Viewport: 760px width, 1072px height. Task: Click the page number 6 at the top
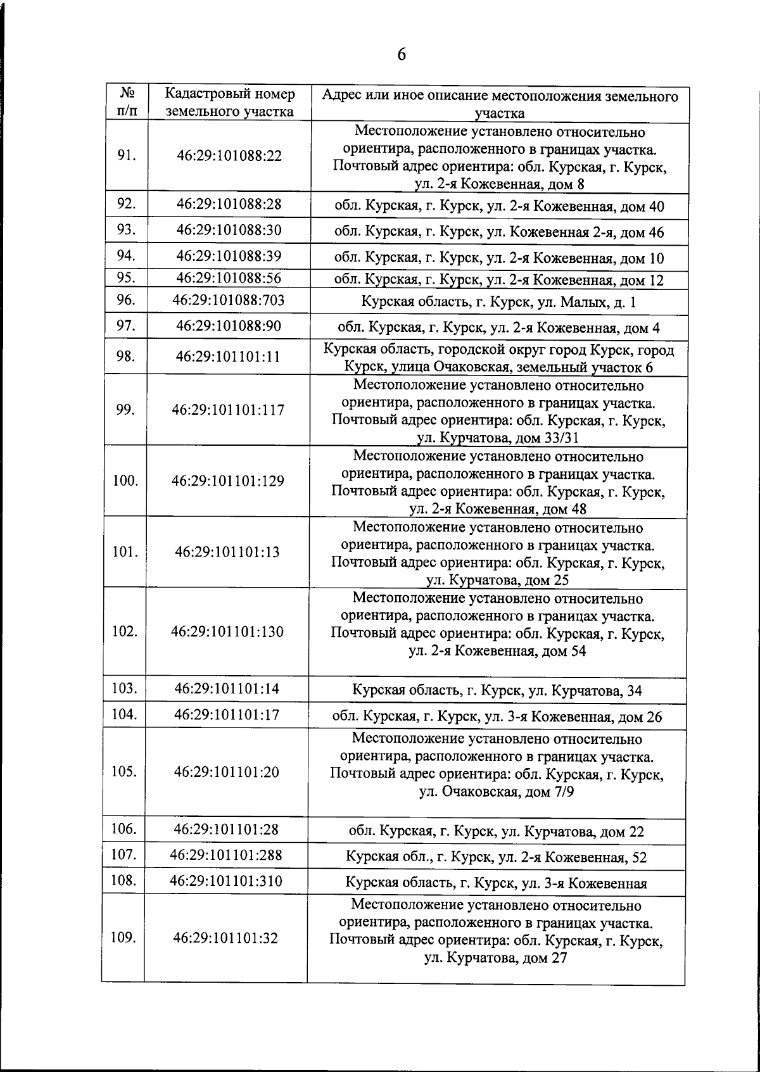(x=401, y=55)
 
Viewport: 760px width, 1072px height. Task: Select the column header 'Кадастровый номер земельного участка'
(x=229, y=103)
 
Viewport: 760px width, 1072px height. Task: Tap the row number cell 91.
(x=127, y=156)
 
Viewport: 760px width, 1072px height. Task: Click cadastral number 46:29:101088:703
(x=229, y=300)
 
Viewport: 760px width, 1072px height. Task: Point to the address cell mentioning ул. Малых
(x=498, y=302)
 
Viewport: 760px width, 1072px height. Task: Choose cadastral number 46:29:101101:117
(x=228, y=410)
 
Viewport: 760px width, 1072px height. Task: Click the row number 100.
(x=125, y=481)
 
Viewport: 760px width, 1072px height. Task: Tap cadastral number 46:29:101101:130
(x=227, y=631)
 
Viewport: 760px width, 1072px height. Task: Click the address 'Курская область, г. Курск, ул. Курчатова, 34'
(x=497, y=691)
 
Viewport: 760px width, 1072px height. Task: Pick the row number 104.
(x=124, y=714)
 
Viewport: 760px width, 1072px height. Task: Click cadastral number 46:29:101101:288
(x=226, y=855)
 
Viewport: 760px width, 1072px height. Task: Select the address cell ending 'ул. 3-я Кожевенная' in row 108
(x=496, y=883)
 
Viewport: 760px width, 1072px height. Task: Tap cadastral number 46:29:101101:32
(x=225, y=938)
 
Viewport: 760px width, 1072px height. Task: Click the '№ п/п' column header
(x=127, y=103)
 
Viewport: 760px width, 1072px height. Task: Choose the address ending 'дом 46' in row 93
(x=499, y=232)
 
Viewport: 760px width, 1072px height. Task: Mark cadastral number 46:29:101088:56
(x=229, y=279)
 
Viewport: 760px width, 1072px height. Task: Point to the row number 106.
(x=124, y=829)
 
